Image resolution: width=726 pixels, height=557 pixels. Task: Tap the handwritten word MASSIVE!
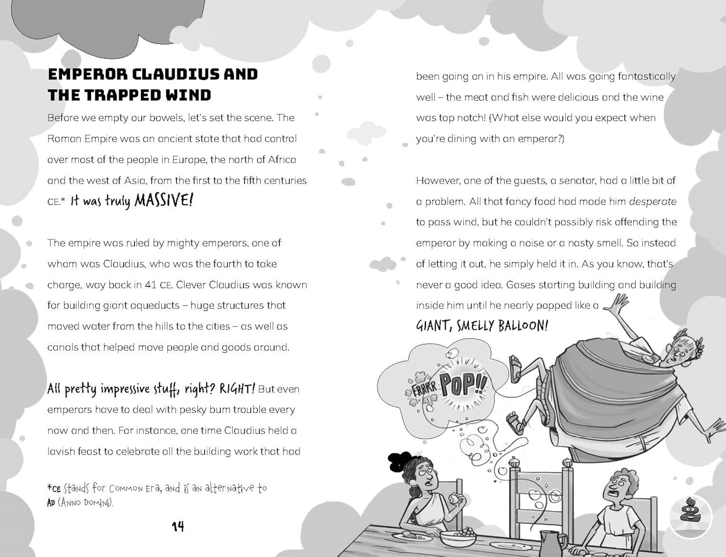point(164,200)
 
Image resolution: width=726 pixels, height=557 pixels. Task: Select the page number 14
point(178,527)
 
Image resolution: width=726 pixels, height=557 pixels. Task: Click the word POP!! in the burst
point(463,384)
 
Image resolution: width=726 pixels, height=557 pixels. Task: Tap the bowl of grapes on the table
point(458,537)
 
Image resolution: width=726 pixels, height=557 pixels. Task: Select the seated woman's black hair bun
point(400,461)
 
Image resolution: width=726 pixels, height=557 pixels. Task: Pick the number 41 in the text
point(151,285)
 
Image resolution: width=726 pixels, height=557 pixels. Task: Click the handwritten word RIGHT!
point(237,389)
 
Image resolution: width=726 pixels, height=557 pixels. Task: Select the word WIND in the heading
point(188,95)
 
